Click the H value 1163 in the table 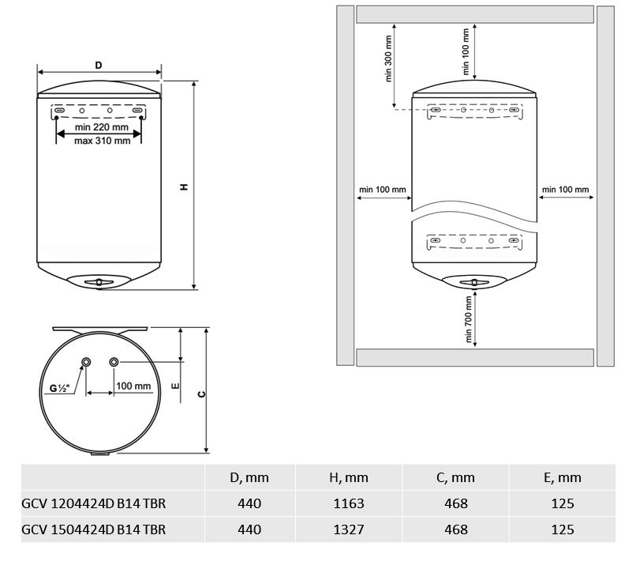click(349, 503)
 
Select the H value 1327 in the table click(349, 529)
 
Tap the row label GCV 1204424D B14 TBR click(94, 503)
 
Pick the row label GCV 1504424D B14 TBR click(94, 529)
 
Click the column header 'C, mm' click(455, 477)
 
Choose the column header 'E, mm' click(563, 477)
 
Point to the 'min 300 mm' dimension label click(388, 58)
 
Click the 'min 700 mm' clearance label click(468, 319)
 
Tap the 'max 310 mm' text click(103, 141)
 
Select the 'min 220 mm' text click(102, 127)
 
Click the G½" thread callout click(59, 388)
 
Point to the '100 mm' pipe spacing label click(133, 386)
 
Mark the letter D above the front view click(99, 65)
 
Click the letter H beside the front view click(184, 187)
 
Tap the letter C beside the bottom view click(202, 394)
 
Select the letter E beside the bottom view click(175, 386)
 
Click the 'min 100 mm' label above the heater click(466, 51)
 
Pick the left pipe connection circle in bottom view click(86, 362)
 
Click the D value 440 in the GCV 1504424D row click(249, 529)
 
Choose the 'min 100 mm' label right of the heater click(565, 189)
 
